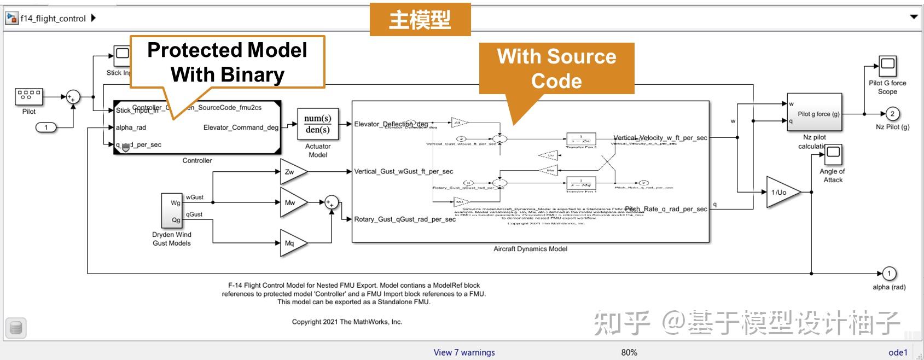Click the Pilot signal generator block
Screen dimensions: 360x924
[28, 97]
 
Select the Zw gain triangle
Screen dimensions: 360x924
[291, 172]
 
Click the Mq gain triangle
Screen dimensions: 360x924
[291, 243]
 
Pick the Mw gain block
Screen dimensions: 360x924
[291, 202]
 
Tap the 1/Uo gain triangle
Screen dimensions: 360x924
[781, 193]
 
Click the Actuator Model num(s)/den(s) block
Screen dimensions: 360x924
[317, 124]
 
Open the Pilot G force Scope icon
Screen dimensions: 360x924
[887, 66]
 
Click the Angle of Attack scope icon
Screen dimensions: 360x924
[833, 155]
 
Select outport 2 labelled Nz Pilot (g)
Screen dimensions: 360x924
[892, 114]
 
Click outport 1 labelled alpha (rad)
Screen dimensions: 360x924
[889, 273]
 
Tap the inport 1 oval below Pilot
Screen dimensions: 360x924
[46, 127]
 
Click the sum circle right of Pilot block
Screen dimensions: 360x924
[73, 97]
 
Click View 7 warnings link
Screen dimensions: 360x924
[464, 352]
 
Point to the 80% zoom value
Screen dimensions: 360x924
[629, 352]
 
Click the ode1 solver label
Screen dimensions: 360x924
[898, 352]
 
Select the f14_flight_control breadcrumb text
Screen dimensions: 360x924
[53, 18]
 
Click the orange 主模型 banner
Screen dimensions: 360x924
[420, 20]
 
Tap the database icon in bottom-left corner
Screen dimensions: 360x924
[16, 328]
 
